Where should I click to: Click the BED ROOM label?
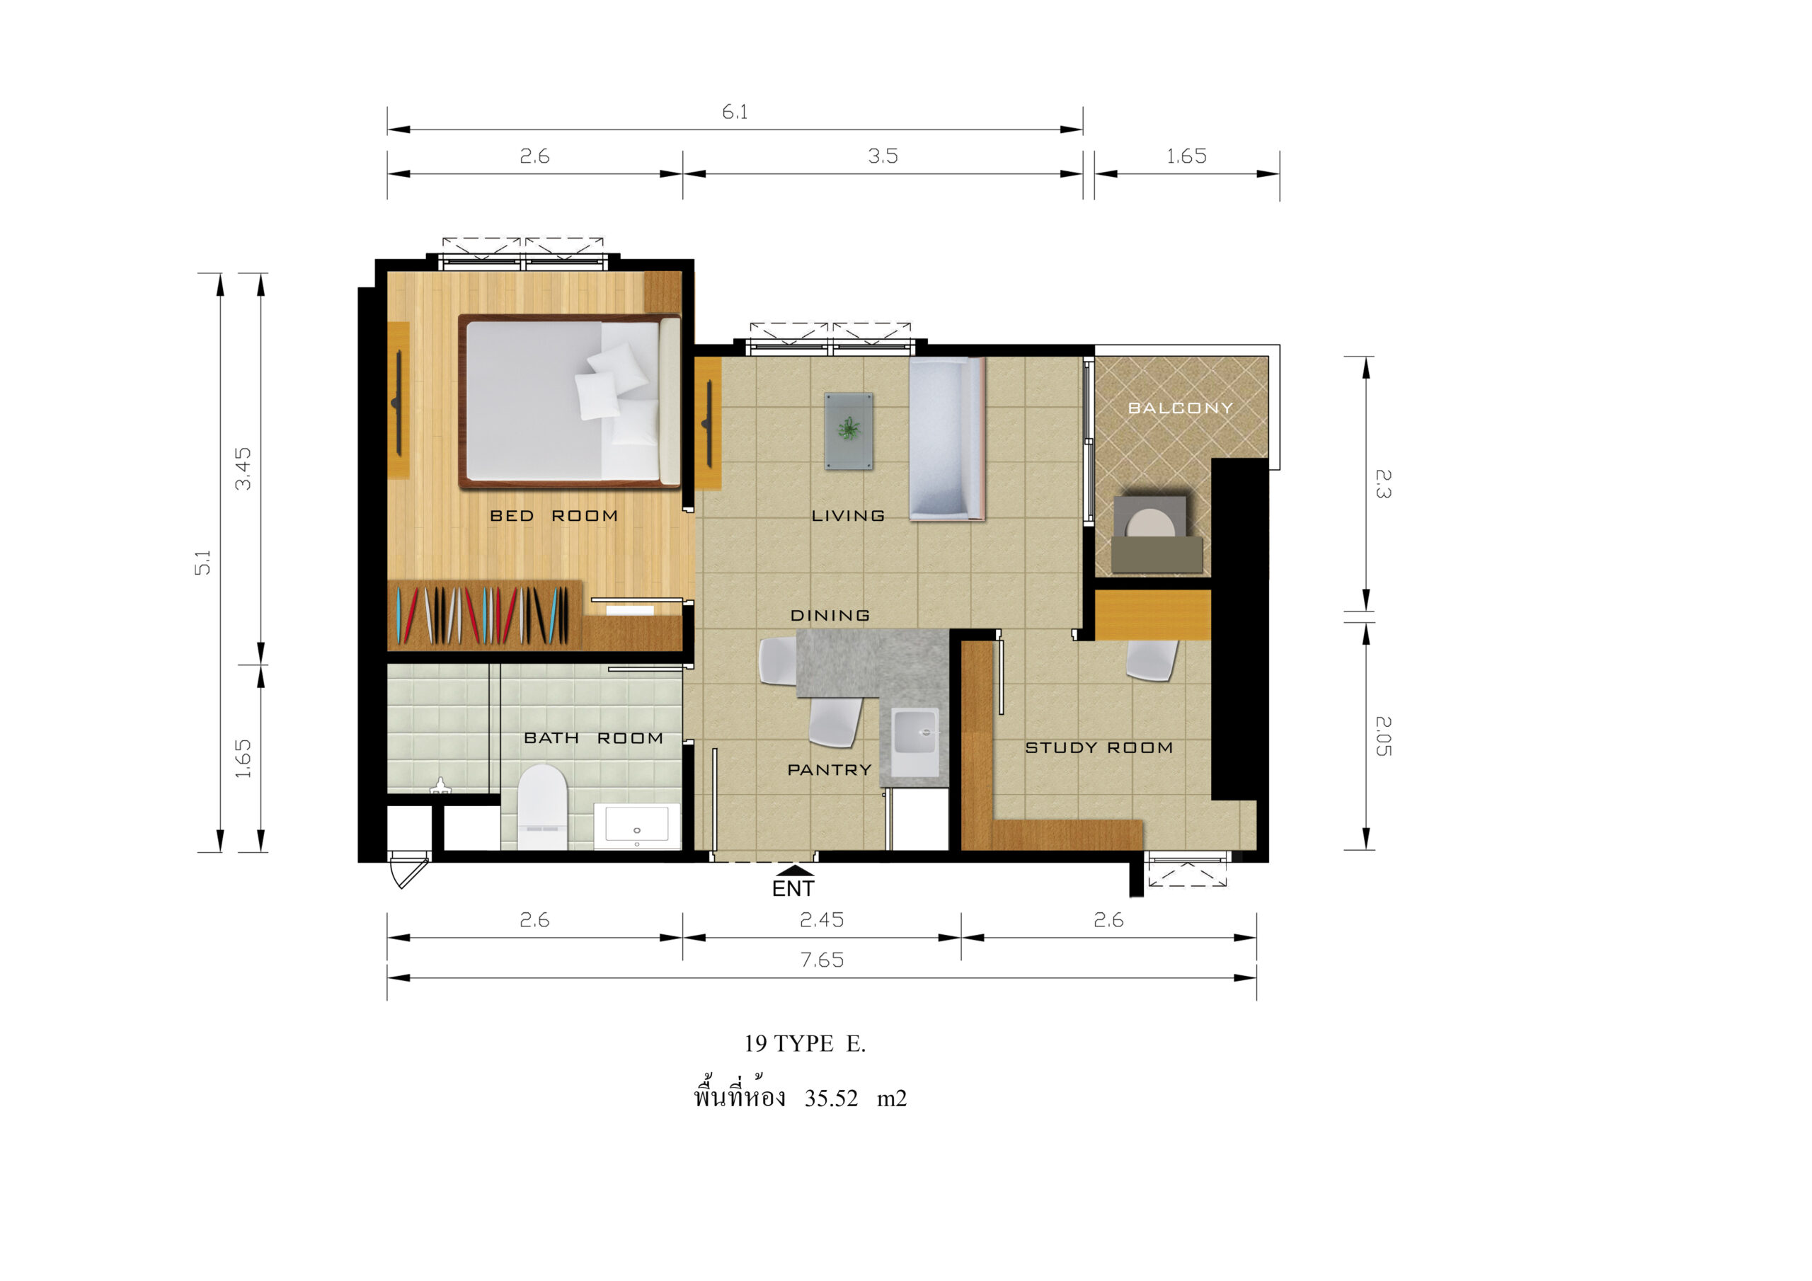pos(554,515)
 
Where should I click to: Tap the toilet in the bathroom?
pos(542,806)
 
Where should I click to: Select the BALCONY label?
pos(1180,408)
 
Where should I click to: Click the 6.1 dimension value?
pos(735,112)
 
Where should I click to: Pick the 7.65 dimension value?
pos(822,960)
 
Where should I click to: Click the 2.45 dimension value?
pos(822,919)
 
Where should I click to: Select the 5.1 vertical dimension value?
pos(203,562)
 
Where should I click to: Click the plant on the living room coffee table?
pos(849,429)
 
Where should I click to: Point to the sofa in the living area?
pos(946,439)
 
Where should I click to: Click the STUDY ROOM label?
pos(1099,747)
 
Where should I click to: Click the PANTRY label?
pos(830,769)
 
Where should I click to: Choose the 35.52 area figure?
pos(831,1098)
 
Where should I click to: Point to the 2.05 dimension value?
pos(1382,735)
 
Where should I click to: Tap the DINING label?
pos(830,615)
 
